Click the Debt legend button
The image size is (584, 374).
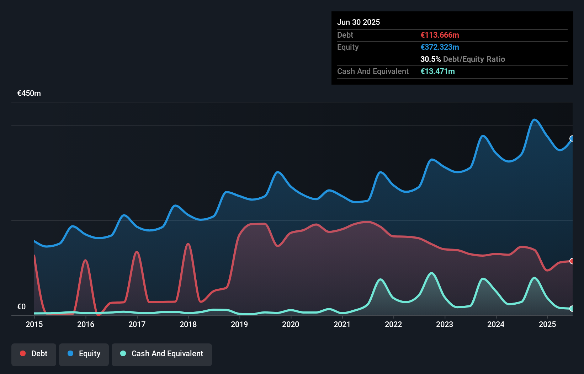(34, 354)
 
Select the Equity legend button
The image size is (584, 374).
(84, 354)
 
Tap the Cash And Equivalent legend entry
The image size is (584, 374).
(162, 354)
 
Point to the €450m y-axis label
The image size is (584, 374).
(29, 93)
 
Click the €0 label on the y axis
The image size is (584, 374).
(21, 307)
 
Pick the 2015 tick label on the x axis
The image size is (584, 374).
(34, 325)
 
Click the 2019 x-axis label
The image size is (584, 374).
(239, 325)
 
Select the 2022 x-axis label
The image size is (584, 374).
(393, 325)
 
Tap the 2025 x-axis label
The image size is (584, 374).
(547, 325)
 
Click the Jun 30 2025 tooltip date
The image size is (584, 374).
(359, 22)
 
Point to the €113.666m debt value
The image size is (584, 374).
(440, 35)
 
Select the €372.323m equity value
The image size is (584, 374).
(440, 47)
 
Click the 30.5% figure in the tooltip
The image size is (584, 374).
(430, 59)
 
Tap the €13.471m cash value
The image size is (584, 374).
(437, 71)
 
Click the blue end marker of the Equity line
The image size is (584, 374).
(572, 139)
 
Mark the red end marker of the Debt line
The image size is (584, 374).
(572, 261)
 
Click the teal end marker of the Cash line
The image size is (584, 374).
(572, 309)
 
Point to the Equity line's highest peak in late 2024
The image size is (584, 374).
(534, 119)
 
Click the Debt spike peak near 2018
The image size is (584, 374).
(188, 244)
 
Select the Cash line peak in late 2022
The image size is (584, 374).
(432, 273)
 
